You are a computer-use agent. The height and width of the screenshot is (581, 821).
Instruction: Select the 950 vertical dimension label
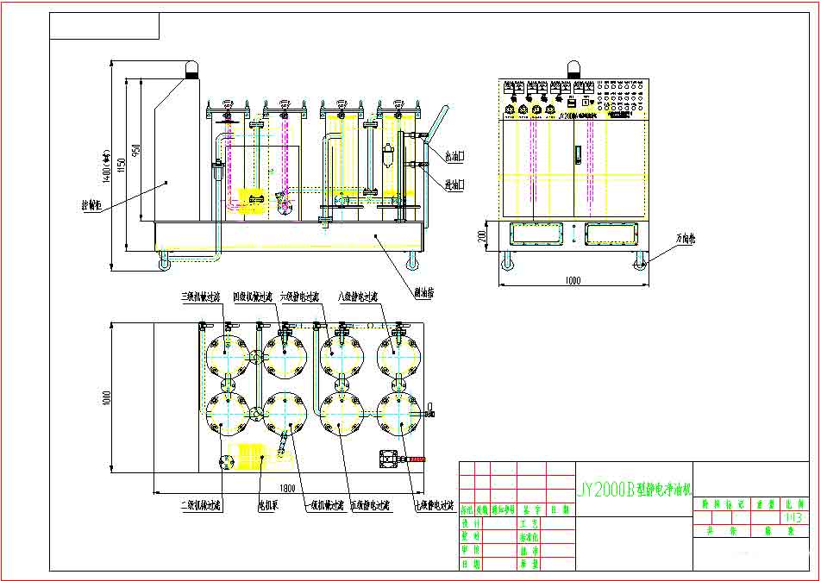pyautogui.click(x=135, y=156)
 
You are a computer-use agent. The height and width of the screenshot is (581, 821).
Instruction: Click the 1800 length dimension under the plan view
pyautogui.click(x=288, y=488)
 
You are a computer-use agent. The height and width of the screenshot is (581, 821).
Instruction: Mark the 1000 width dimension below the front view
pyautogui.click(x=573, y=280)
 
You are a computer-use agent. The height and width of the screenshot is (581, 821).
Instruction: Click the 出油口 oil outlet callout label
pyautogui.click(x=454, y=157)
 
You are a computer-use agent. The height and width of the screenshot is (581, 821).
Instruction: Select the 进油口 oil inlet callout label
pyautogui.click(x=454, y=184)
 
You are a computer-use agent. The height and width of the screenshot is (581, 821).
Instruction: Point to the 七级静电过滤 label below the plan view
pyautogui.click(x=434, y=506)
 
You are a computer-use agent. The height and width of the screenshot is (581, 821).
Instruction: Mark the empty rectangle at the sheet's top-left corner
pyautogui.click(x=104, y=26)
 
